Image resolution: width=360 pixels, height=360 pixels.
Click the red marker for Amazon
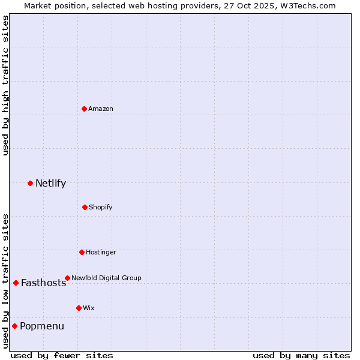click(84, 109)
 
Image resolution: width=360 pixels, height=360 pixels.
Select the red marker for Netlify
click(30, 183)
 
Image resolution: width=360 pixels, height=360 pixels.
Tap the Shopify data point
click(85, 207)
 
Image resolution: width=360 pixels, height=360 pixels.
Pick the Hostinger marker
click(82, 252)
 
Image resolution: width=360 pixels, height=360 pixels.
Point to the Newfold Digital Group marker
click(67, 278)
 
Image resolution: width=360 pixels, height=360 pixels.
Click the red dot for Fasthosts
click(16, 283)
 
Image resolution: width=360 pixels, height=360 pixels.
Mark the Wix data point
click(79, 308)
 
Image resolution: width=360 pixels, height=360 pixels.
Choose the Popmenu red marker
click(14, 326)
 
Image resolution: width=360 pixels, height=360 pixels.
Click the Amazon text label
click(100, 109)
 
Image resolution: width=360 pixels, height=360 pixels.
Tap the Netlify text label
click(50, 183)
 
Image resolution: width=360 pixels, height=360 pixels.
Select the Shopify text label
click(100, 207)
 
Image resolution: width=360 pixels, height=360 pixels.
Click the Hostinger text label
click(101, 252)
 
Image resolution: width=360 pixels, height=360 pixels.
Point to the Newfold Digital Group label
click(106, 278)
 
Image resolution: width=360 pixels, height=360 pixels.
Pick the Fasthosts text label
click(43, 283)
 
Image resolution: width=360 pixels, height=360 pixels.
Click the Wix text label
click(88, 308)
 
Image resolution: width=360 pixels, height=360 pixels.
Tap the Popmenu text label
click(42, 326)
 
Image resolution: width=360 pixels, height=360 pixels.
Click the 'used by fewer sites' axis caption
click(62, 355)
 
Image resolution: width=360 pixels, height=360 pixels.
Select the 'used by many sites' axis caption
click(301, 355)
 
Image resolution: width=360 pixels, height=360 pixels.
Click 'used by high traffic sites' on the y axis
click(6, 86)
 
